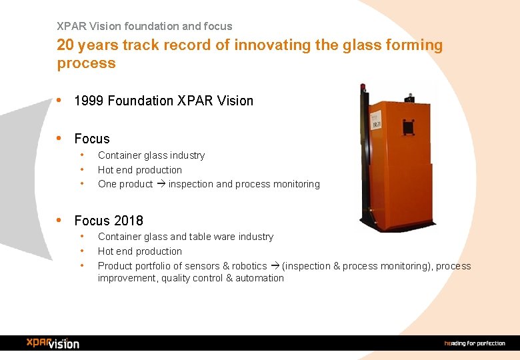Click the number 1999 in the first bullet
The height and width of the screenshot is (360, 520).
(x=89, y=101)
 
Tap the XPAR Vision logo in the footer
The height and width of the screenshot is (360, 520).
(x=53, y=343)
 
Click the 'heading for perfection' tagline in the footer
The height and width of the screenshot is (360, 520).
(x=475, y=343)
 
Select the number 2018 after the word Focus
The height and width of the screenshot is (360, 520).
(x=128, y=221)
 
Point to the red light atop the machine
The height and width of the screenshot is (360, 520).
(x=363, y=87)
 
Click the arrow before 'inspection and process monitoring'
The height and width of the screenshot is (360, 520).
(x=161, y=184)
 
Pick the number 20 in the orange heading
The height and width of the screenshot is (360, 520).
(x=65, y=45)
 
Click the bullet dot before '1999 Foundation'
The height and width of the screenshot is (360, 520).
(x=60, y=101)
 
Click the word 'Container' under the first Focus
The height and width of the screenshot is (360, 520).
(x=120, y=155)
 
